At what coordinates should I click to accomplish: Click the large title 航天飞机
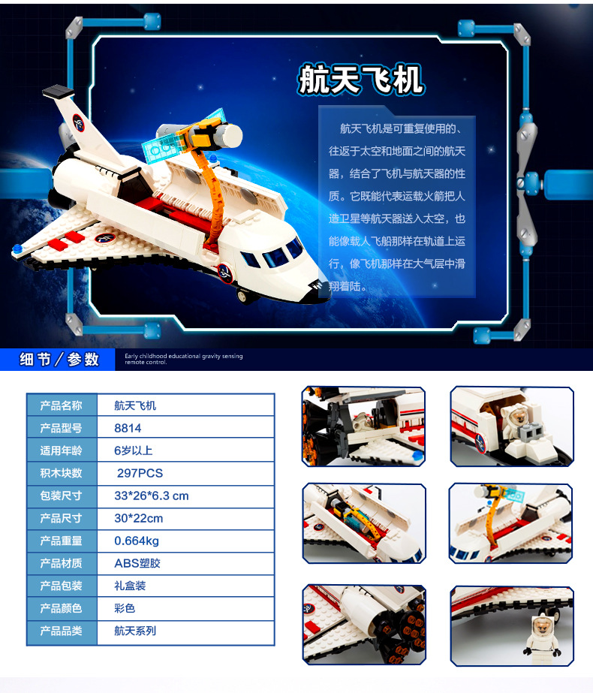pyautogui.click(x=360, y=80)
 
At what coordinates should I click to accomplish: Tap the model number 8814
pyautogui.click(x=128, y=428)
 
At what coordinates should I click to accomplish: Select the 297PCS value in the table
pyautogui.click(x=140, y=473)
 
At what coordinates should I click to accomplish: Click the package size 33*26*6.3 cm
pyautogui.click(x=152, y=496)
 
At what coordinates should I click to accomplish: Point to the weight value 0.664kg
pyautogui.click(x=137, y=541)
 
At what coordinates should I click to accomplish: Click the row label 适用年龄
pyautogui.click(x=61, y=450)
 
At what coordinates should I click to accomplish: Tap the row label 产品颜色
pyautogui.click(x=61, y=608)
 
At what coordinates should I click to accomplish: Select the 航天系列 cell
pyautogui.click(x=135, y=631)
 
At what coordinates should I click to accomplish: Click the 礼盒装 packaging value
pyautogui.click(x=130, y=586)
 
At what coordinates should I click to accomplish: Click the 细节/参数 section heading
pyautogui.click(x=60, y=360)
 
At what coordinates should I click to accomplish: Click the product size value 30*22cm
pyautogui.click(x=138, y=518)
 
